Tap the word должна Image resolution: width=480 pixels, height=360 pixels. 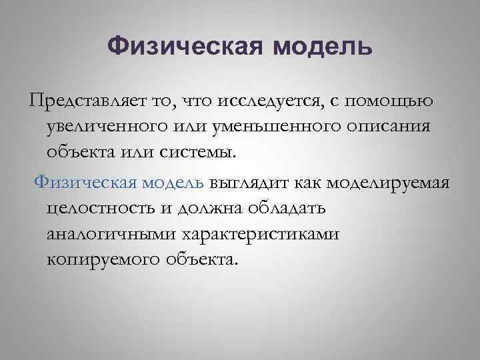(213, 208)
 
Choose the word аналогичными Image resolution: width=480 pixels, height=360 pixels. (109, 233)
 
